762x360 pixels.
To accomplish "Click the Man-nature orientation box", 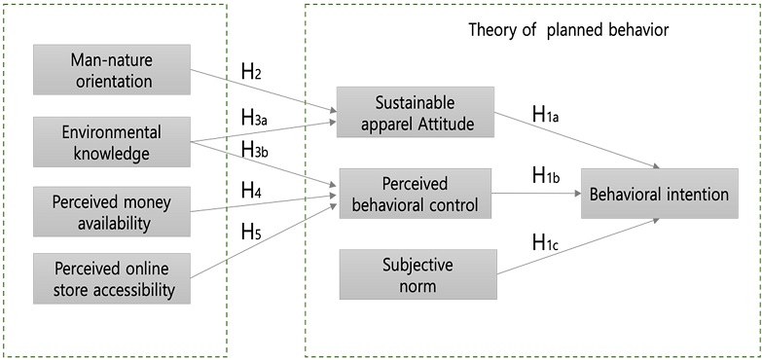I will (x=112, y=69).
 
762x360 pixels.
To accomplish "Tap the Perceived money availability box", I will (x=112, y=212).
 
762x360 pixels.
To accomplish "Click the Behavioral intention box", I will (x=656, y=194).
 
